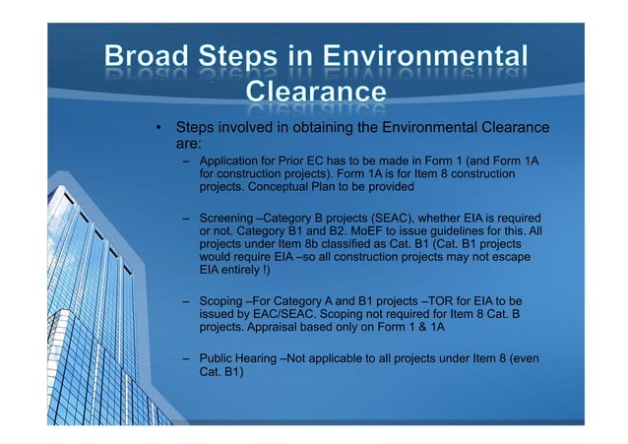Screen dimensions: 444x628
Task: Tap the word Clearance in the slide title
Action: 314,92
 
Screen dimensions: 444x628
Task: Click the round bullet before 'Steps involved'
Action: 156,128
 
